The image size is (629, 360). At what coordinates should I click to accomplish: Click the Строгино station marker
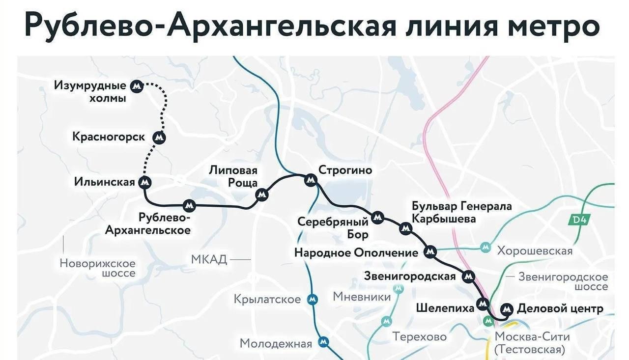pos(310,180)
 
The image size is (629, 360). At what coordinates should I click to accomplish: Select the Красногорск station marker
pos(159,138)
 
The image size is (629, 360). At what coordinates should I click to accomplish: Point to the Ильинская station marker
pos(145,183)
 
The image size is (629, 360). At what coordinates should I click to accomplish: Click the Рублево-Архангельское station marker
pos(189,205)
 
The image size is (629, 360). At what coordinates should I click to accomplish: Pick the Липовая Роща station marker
pos(262,195)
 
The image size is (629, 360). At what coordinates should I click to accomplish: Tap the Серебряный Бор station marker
pos(377,217)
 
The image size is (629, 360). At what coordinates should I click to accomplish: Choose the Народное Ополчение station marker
pos(430,252)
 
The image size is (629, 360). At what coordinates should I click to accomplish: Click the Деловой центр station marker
pos(506,309)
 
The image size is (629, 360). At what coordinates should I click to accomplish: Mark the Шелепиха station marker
pos(483,304)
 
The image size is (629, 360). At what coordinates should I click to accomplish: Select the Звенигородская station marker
pos(469,277)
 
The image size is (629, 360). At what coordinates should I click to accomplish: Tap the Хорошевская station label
pos(535,251)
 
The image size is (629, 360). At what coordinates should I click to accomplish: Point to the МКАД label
pos(209,259)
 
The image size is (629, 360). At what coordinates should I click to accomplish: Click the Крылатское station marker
pos(312,299)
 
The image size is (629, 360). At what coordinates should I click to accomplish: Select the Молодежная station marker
pos(323,342)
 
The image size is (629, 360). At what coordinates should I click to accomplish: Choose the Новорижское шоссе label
pos(97,268)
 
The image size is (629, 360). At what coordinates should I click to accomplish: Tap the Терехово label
pos(419,337)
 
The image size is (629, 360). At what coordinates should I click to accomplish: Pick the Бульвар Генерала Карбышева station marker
pos(405,228)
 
